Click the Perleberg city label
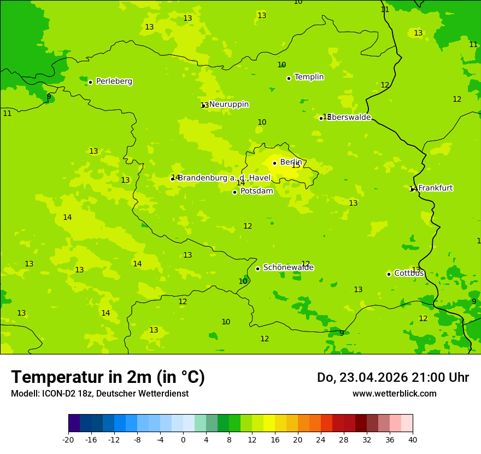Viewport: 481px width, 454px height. [x=114, y=82]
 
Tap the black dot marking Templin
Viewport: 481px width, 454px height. [x=289, y=78]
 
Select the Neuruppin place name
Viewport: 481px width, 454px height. [x=228, y=104]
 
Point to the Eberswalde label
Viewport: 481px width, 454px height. [x=349, y=118]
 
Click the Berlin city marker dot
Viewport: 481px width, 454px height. [x=274, y=163]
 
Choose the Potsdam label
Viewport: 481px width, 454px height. [x=256, y=191]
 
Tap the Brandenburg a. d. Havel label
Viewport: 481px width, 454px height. [x=224, y=178]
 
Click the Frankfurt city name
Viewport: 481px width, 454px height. [x=435, y=188]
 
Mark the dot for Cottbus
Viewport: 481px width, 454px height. [x=389, y=274]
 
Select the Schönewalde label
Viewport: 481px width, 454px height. [x=288, y=268]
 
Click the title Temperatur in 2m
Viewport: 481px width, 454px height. [x=108, y=377]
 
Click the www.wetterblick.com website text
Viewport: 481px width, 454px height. [x=394, y=394]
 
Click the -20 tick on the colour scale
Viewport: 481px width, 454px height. [x=68, y=440]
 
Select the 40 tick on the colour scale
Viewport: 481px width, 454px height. [x=413, y=440]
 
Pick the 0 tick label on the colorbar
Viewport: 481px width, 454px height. [x=183, y=440]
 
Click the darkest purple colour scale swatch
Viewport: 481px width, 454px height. [x=74, y=423]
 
